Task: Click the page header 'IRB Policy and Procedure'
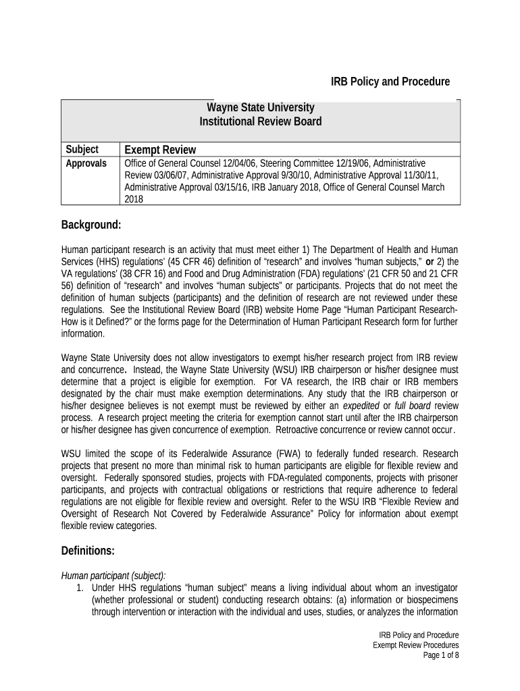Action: point(390,82)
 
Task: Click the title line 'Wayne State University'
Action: point(260,108)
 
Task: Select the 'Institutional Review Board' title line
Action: point(260,122)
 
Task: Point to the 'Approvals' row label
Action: point(86,164)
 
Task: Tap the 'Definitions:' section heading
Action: point(88,551)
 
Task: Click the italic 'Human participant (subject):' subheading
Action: point(108,575)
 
